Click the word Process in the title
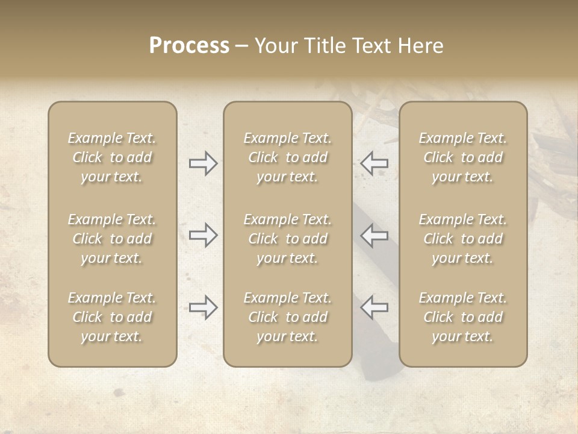[x=189, y=46]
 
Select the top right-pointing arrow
[x=204, y=163]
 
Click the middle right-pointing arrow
[x=204, y=235]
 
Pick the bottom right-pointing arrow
[x=204, y=307]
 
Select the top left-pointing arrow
[x=374, y=163]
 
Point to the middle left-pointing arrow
[x=374, y=235]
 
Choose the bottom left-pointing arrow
[x=374, y=307]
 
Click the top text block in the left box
[x=112, y=157]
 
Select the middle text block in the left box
[x=112, y=239]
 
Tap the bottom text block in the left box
[x=112, y=317]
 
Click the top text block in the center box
[x=287, y=157]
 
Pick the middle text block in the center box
[x=287, y=239]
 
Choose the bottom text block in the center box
[x=287, y=317]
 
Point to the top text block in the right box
[x=463, y=157]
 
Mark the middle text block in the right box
[x=463, y=239]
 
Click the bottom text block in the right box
[x=463, y=317]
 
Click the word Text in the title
[x=371, y=46]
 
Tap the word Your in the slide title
[x=275, y=46]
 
